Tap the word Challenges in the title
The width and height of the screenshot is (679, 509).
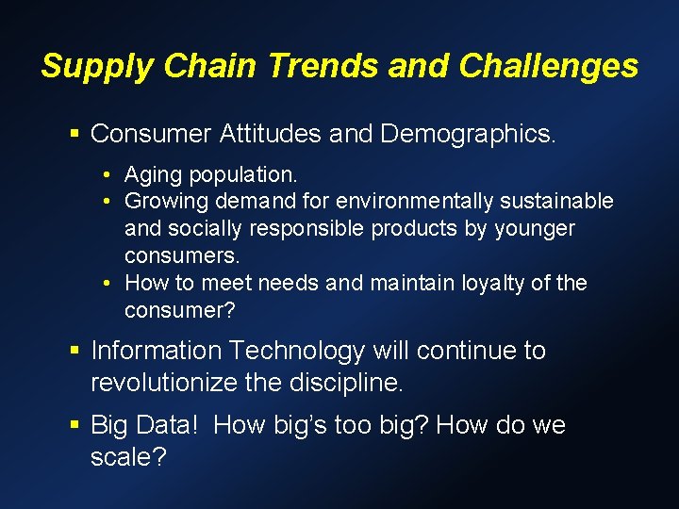pos(548,66)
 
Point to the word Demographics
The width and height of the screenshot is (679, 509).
pos(468,134)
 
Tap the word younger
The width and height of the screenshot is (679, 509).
pos(534,229)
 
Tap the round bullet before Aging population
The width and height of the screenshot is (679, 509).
pos(110,175)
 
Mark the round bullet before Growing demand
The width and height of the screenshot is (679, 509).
pos(110,202)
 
